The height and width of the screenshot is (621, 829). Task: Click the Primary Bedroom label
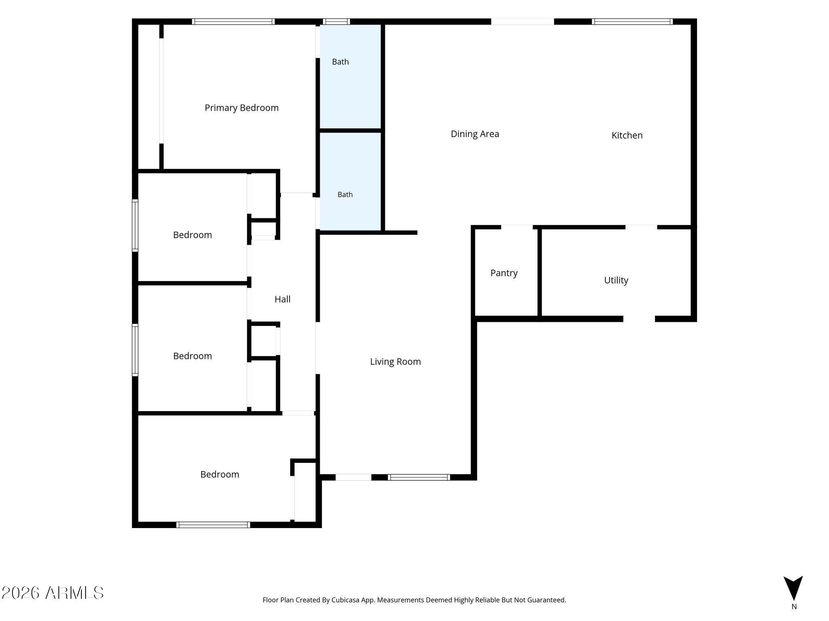click(242, 108)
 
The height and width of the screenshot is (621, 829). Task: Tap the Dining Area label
click(475, 134)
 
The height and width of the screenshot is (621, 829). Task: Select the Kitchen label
click(627, 135)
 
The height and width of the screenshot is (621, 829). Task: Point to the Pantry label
click(504, 273)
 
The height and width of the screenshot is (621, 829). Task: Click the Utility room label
click(616, 281)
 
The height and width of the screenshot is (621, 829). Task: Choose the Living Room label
click(395, 362)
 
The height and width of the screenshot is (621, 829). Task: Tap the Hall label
click(283, 299)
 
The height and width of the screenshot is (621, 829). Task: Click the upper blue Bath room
click(351, 76)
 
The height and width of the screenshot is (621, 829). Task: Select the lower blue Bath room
click(351, 182)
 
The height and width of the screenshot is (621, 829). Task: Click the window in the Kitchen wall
click(632, 21)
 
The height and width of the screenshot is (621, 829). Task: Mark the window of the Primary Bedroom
click(233, 21)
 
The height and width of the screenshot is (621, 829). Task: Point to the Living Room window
click(419, 477)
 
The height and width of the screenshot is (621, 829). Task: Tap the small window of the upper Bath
click(336, 21)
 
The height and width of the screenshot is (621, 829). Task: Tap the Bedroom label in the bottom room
click(220, 475)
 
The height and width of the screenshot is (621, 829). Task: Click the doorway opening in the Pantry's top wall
click(517, 227)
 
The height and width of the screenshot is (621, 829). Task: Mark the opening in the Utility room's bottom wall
click(639, 319)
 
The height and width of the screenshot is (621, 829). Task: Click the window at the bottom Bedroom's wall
click(213, 525)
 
